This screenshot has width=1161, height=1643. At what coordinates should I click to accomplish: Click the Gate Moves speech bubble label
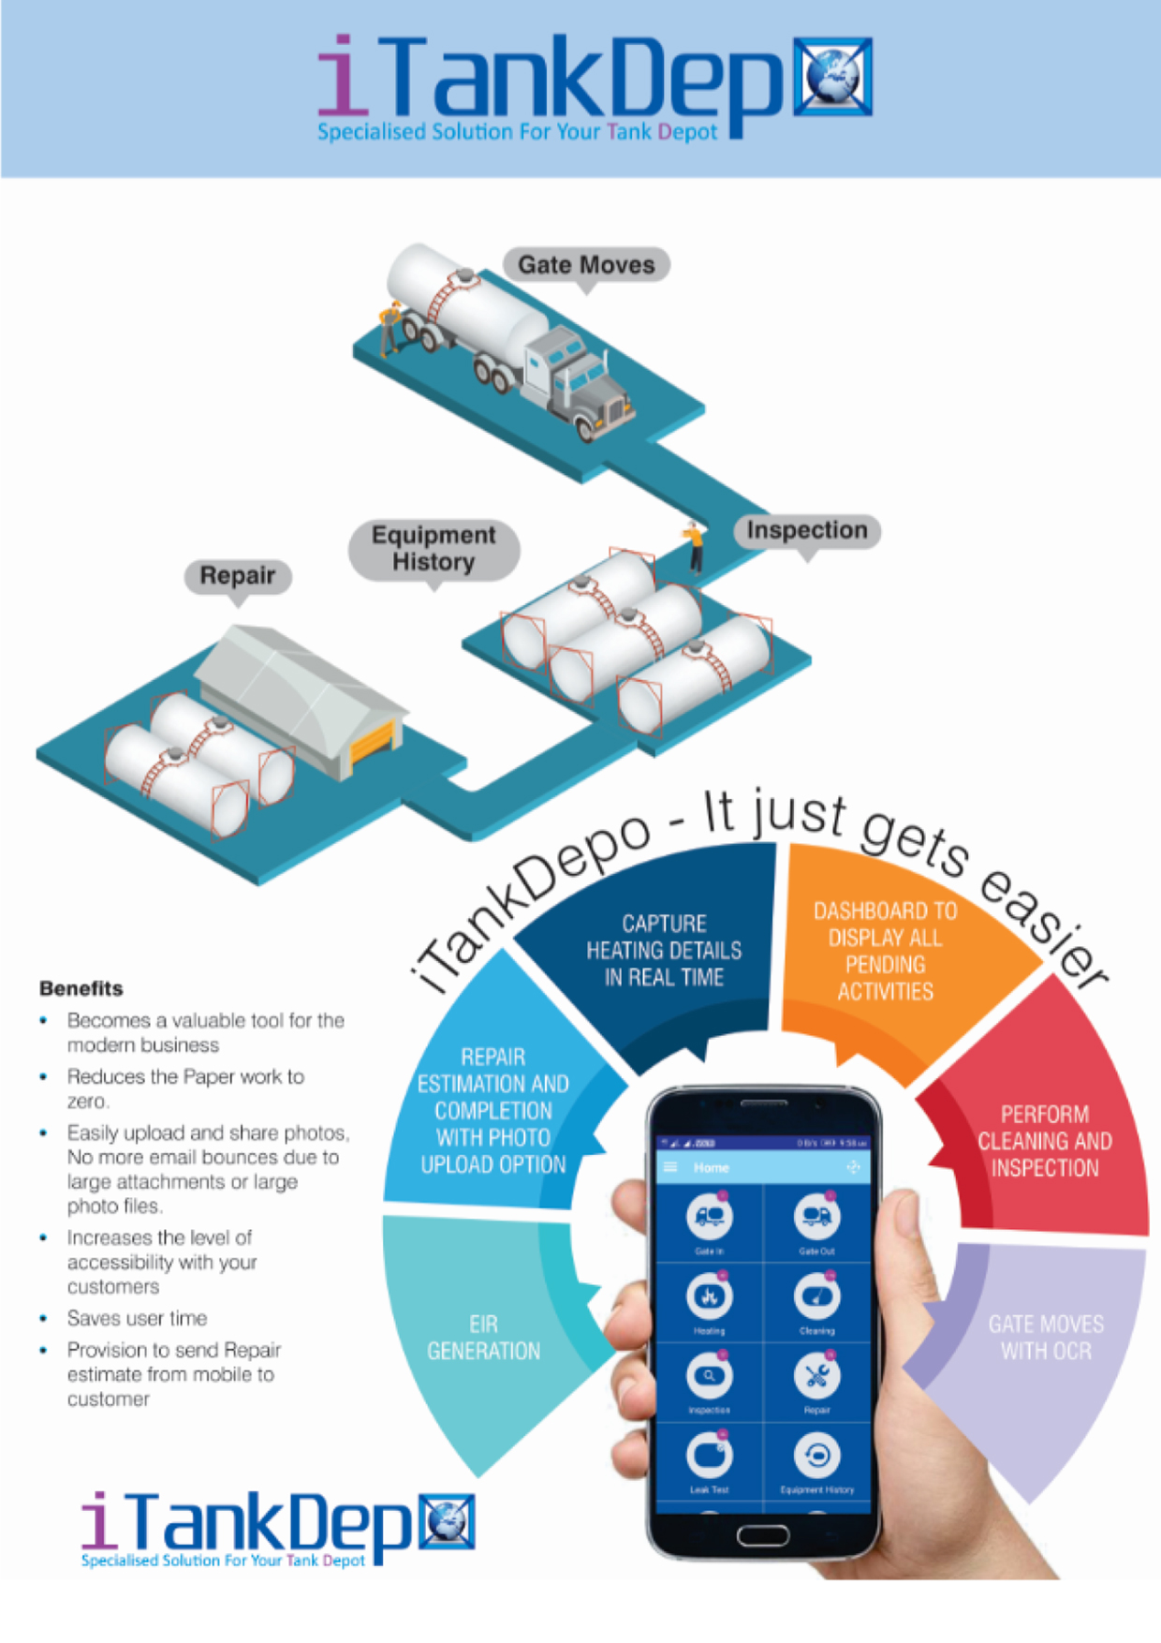586,265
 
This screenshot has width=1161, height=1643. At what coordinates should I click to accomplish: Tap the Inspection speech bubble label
806,530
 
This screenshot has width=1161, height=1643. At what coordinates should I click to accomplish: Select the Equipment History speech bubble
434,549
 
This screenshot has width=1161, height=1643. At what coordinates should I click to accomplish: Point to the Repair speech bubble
238,575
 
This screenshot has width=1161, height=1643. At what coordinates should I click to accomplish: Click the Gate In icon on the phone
709,1217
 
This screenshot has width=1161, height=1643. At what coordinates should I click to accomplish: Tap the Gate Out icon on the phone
816,1217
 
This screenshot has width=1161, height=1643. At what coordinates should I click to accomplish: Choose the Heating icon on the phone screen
709,1297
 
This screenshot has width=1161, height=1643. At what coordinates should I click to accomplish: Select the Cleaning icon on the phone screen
816,1297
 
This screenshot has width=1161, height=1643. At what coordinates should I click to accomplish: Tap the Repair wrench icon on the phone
816,1376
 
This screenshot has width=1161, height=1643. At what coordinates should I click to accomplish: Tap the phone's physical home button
763,1535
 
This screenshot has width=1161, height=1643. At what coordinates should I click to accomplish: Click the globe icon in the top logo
832,77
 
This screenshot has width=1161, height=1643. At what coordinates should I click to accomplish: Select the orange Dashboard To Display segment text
885,951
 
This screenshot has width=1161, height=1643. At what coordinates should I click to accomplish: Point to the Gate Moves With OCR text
1046,1337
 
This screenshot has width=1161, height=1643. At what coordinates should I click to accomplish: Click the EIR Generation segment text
483,1337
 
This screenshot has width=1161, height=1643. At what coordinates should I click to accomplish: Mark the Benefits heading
81,988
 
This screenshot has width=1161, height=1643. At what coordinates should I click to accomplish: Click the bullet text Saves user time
137,1318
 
